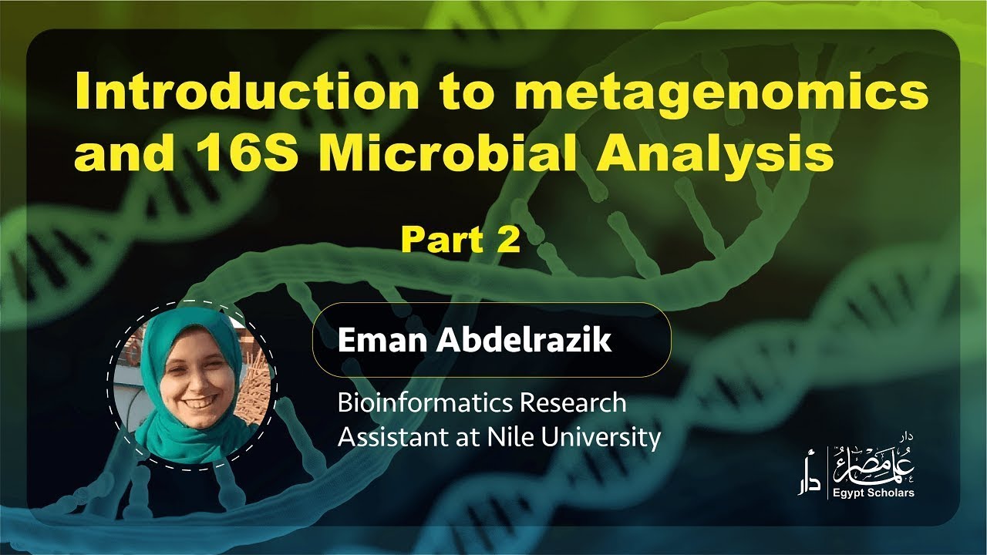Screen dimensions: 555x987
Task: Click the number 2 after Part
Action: click(509, 240)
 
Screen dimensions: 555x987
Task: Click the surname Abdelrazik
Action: click(524, 341)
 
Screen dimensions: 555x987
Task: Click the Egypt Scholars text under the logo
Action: click(873, 493)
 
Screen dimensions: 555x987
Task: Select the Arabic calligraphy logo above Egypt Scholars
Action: click(871, 465)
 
